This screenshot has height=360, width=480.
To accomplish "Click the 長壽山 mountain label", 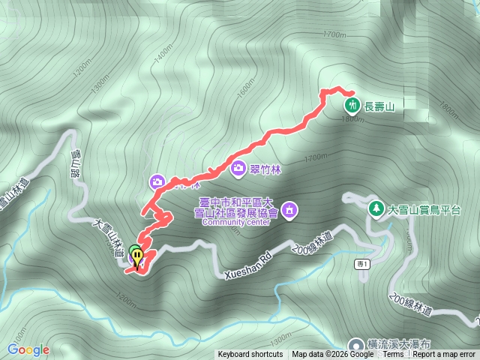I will tap(379, 107).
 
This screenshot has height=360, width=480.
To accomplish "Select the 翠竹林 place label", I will tap(265, 169).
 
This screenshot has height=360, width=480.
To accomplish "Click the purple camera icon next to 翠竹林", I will tap(238, 168).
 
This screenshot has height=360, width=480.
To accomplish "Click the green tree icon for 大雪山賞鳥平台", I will tap(376, 207).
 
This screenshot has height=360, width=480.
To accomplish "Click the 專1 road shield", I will tap(364, 265).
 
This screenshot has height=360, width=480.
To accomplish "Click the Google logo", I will tap(28, 349).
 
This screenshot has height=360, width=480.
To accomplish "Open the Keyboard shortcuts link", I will tap(251, 355).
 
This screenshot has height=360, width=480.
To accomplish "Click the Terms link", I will tap(393, 355).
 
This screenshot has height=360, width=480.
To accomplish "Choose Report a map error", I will tap(444, 355).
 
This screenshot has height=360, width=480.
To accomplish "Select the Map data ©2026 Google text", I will tap(333, 355).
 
